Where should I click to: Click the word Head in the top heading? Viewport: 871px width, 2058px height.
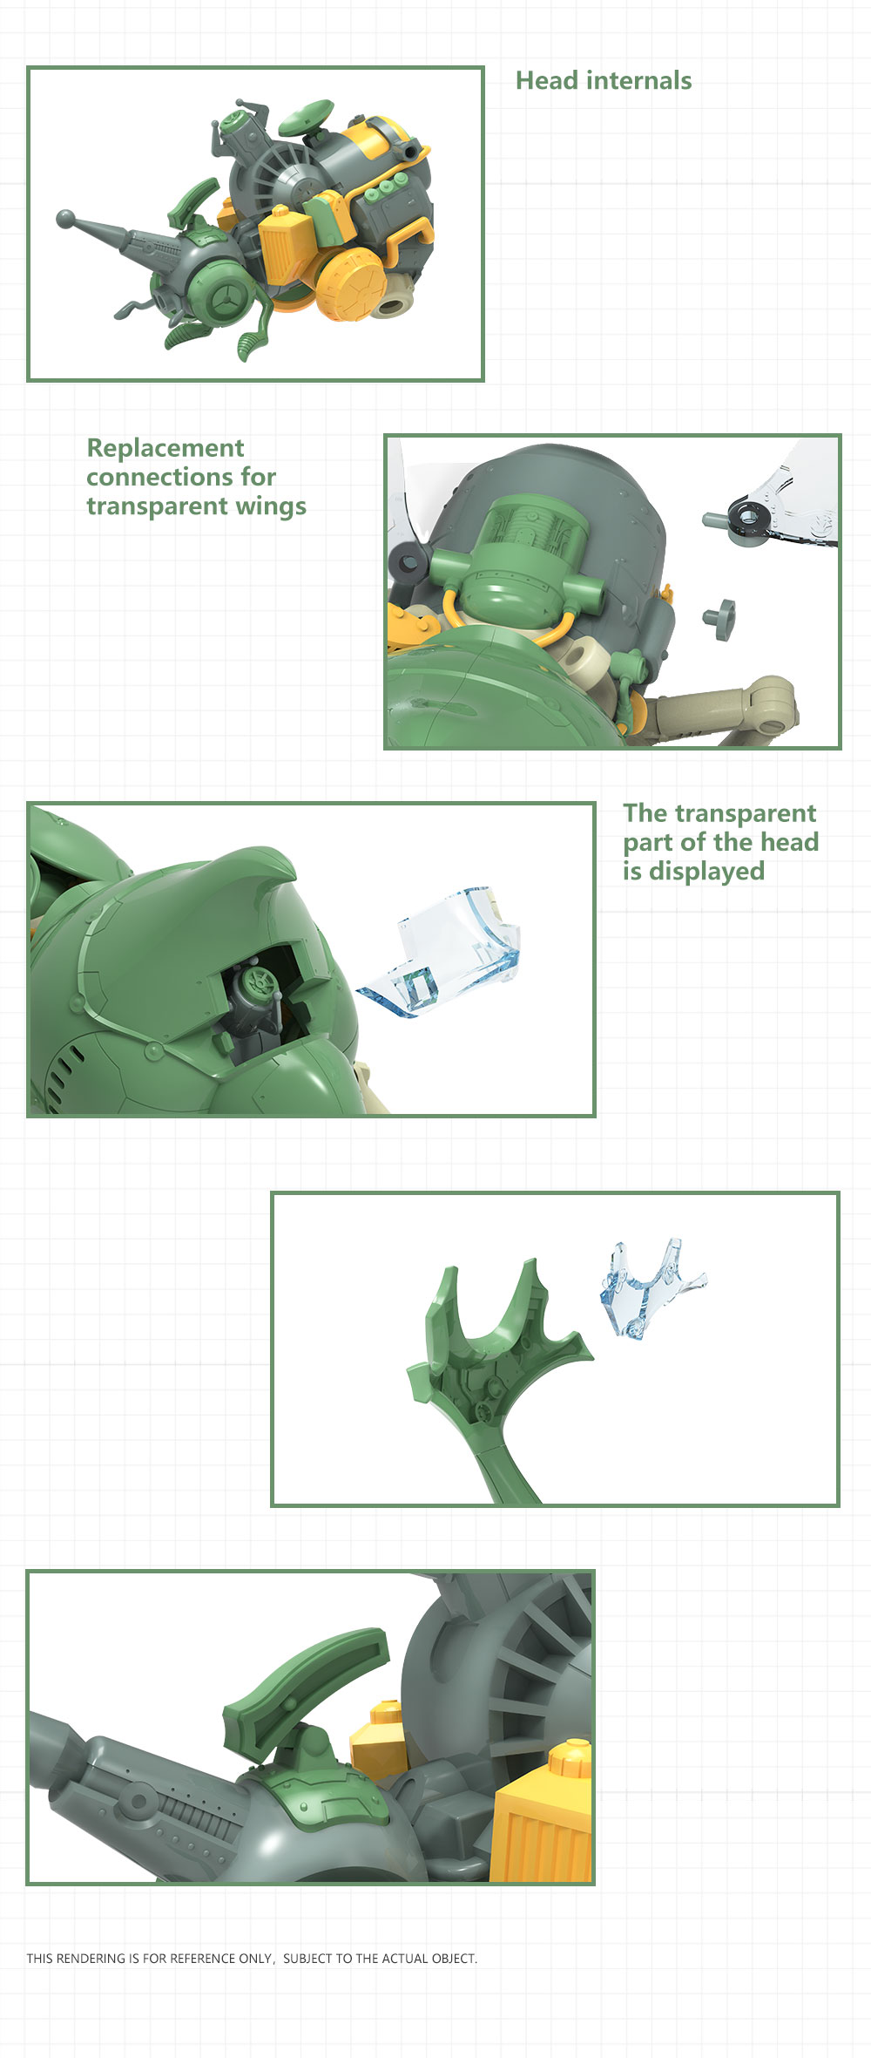[x=547, y=81]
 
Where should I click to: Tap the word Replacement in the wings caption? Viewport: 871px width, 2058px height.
[x=165, y=449]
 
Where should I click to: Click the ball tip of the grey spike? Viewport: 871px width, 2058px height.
[x=65, y=218]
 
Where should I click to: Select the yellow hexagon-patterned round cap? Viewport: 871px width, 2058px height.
[x=352, y=284]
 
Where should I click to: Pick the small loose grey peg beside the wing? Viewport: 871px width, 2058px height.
[x=720, y=618]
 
